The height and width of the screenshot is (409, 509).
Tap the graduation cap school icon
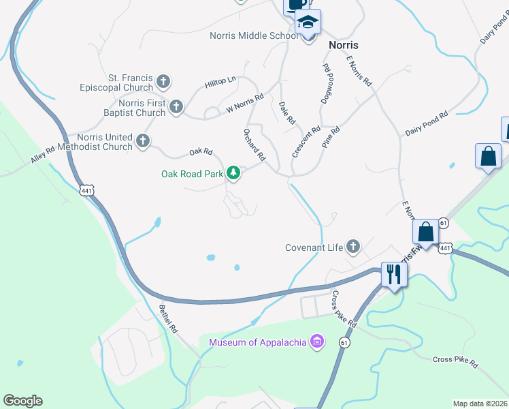(x=308, y=21)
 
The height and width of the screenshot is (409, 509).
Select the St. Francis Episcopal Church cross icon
(x=163, y=82)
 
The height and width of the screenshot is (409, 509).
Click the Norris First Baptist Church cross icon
(x=176, y=106)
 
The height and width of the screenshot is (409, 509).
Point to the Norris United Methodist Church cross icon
(x=143, y=141)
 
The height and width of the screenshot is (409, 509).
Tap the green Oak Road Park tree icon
(x=234, y=173)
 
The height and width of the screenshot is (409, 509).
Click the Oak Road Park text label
(x=192, y=174)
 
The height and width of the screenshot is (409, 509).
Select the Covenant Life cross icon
(x=352, y=247)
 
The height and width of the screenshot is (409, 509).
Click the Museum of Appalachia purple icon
(x=316, y=342)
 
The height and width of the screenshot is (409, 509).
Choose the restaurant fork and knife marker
(x=394, y=274)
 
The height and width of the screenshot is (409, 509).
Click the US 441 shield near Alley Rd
(x=86, y=192)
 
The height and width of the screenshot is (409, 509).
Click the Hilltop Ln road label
(x=220, y=83)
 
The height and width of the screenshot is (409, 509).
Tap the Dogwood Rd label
(x=328, y=82)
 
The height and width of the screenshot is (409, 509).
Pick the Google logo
(x=22, y=401)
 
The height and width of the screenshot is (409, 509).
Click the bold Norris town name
(x=343, y=44)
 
